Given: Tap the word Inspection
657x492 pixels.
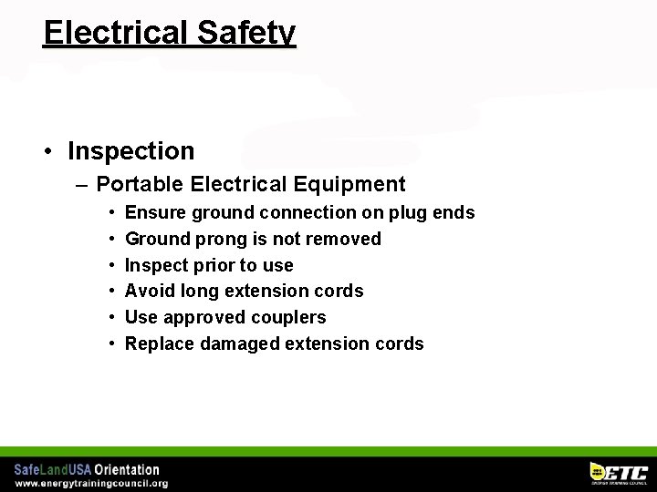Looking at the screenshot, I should pyautogui.click(x=130, y=151).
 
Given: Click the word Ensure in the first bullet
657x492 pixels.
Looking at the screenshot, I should pyautogui.click(x=151, y=212).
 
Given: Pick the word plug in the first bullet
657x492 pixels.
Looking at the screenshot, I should pyautogui.click(x=415, y=213).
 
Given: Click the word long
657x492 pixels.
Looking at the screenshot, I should pyautogui.click(x=200, y=292).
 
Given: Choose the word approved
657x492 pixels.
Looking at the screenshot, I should pyautogui.click(x=203, y=318).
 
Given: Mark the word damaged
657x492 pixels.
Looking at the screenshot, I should pyautogui.click(x=237, y=343).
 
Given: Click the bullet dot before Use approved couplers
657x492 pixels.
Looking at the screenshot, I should pyautogui.click(x=110, y=318).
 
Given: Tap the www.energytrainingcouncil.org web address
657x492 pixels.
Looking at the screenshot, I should pyautogui.click(x=91, y=484).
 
